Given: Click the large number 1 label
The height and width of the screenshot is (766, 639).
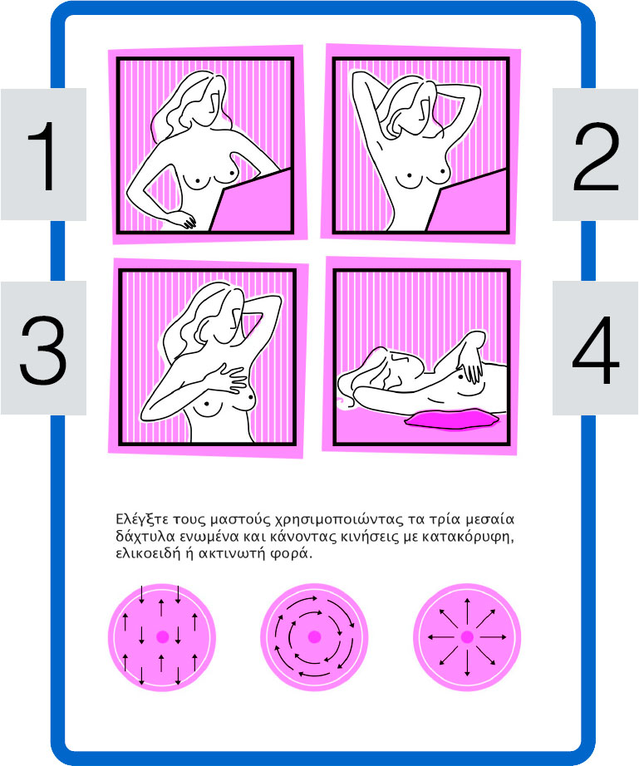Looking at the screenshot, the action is click(43, 155).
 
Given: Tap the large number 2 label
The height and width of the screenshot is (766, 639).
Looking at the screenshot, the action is click(596, 156).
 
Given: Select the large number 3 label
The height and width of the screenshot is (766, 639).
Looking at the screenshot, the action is click(43, 349).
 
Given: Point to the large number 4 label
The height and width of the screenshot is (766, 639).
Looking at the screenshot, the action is click(596, 349).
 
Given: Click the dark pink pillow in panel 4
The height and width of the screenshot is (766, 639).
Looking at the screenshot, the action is click(451, 420).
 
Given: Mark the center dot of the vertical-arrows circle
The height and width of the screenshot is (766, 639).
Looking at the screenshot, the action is click(163, 636).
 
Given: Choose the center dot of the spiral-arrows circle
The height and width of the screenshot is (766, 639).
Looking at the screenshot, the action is click(314, 636).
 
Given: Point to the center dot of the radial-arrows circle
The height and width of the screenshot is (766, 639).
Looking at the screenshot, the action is click(467, 637).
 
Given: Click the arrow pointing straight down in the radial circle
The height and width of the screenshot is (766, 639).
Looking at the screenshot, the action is click(467, 663).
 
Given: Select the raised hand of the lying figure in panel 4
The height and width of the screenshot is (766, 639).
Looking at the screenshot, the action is click(469, 365).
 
